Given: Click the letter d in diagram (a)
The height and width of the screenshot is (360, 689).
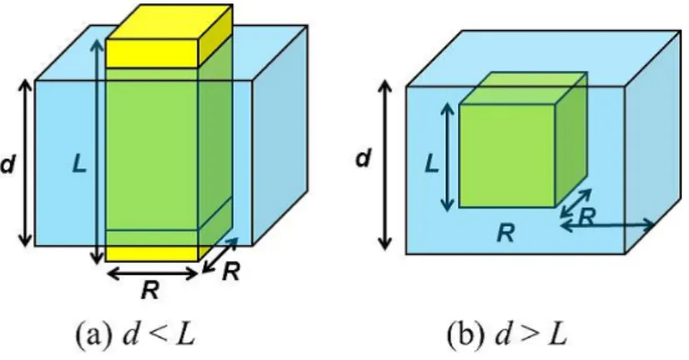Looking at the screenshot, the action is tap(7, 165).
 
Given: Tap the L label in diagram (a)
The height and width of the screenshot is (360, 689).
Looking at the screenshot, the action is tap(79, 165).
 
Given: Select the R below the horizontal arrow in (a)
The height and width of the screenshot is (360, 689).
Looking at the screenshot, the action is tap(150, 290).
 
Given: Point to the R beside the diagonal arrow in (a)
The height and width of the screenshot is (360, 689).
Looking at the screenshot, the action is tap(231, 272).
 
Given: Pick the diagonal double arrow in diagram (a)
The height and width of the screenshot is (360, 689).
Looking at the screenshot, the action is tap(220, 255).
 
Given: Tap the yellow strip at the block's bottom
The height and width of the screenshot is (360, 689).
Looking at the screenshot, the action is tap(152, 254).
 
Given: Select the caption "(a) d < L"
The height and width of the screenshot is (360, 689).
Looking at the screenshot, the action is tap(136, 335).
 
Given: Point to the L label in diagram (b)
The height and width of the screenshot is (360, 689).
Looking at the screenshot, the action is tap(432, 164).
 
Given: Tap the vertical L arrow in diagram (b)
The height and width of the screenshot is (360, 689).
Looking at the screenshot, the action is tap(447, 157).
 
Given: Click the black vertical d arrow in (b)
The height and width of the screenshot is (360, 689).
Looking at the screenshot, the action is tap(385, 165).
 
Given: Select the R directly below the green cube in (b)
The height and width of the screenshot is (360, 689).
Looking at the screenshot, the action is tap(506, 233).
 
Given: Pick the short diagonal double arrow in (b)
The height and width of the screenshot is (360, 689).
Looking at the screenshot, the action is tap(576, 203).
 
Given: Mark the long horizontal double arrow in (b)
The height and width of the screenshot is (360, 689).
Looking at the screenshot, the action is tap(607, 226).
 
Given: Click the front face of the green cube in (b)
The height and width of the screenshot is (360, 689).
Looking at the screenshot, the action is tap(507, 156).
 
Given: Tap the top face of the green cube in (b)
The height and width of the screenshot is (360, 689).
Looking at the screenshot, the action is tap(523, 88).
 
